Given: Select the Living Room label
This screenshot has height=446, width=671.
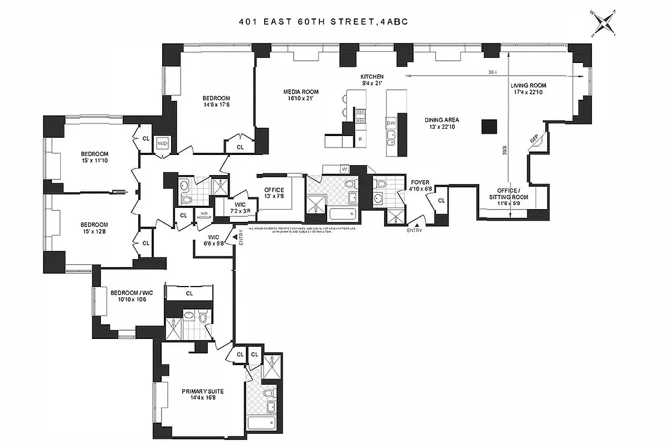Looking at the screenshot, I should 528,89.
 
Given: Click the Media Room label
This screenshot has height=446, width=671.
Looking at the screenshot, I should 301,95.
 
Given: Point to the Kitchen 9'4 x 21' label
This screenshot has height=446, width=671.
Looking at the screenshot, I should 372,80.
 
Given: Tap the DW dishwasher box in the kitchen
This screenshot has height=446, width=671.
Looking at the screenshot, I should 391,122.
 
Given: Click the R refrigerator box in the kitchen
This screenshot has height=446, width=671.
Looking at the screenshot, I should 360,138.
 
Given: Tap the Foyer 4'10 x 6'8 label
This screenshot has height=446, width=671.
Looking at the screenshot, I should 421,185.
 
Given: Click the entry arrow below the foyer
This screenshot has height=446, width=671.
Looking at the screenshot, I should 416,224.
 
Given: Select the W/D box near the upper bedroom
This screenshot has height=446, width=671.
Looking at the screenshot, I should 163,143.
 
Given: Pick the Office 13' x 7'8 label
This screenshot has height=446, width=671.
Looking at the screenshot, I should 274,193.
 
